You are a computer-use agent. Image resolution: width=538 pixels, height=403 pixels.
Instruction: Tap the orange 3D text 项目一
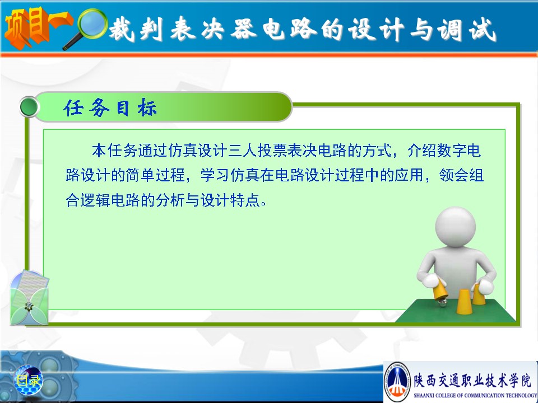(x=37, y=27)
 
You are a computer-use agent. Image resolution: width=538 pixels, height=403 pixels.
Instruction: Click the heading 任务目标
(x=110, y=107)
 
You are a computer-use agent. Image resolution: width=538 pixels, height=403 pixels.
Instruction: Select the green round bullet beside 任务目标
(x=29, y=106)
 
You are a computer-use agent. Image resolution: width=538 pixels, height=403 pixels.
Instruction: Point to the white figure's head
(x=455, y=227)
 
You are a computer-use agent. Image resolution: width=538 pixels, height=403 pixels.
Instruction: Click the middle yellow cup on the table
(x=464, y=301)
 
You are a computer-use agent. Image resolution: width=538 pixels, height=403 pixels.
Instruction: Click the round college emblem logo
(x=397, y=381)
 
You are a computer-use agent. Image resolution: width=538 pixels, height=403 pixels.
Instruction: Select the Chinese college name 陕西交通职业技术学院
(x=472, y=379)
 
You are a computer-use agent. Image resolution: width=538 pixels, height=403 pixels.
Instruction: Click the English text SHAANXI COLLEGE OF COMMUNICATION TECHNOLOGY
(x=475, y=396)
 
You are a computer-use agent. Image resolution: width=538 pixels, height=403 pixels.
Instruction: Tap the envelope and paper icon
(x=29, y=297)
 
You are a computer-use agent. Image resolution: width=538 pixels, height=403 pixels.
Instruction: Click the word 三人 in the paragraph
(x=243, y=151)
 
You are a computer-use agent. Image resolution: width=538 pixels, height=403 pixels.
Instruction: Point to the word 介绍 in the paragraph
(x=422, y=151)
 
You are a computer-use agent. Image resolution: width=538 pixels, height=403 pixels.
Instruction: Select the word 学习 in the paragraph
(x=215, y=175)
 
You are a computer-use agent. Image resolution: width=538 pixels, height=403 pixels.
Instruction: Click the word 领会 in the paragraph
(x=453, y=175)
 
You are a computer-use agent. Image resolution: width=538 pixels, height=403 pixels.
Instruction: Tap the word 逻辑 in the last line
(x=95, y=200)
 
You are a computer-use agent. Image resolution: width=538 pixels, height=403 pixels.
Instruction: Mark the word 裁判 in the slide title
(x=136, y=30)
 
